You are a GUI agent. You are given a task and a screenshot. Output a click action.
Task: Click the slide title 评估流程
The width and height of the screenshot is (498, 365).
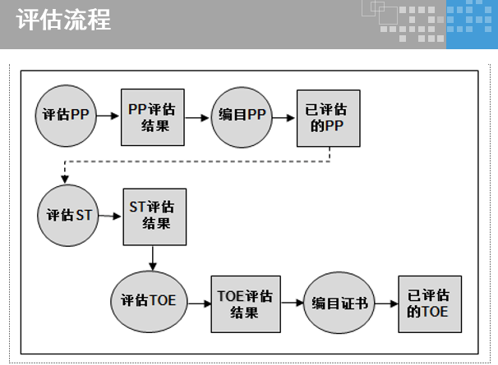(63, 20)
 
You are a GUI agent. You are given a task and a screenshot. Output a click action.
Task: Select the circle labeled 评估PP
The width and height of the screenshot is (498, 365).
(66, 116)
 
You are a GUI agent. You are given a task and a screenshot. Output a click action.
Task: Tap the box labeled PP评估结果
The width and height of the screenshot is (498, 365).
(152, 116)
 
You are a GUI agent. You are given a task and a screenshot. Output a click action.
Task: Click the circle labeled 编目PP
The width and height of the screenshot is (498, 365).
(241, 116)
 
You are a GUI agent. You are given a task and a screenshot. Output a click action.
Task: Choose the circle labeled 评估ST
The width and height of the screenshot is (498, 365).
(66, 217)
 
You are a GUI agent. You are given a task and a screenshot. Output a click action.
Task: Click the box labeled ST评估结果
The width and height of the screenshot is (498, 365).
(154, 216)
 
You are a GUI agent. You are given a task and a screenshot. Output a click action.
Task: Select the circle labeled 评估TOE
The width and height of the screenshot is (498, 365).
(149, 300)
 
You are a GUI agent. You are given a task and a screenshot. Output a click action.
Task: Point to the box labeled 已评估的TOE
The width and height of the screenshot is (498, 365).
(427, 303)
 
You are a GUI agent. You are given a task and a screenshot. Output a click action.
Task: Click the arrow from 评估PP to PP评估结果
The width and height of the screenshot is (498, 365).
(108, 116)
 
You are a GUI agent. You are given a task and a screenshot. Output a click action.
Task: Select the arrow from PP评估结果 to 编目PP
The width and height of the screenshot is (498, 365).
(195, 116)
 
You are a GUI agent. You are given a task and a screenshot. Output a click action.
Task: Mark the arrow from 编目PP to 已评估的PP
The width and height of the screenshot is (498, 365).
(284, 116)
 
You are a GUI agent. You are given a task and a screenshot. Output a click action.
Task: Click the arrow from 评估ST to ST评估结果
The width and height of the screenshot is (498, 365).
(109, 217)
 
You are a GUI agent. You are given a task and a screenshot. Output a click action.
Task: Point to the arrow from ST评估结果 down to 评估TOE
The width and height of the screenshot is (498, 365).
(153, 256)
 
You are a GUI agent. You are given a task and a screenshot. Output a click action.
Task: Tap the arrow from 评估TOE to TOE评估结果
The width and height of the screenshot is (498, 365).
(199, 303)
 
